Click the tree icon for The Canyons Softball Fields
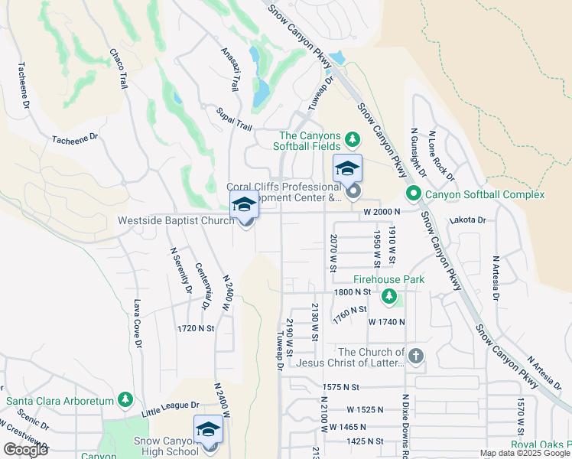pos(352,138)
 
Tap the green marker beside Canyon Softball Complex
pos(414,194)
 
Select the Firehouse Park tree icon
pos(390,296)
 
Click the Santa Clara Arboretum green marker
pos(125,400)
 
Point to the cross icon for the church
pos(415,356)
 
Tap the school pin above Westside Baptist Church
pos(244,205)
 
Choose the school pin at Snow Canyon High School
pos(208,430)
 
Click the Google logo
pos(25,450)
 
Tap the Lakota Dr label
pos(469,220)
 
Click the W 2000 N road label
pos(382,211)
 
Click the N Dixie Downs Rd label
pos(405,425)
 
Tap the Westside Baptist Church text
pos(175,220)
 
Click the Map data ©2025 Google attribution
pos(525,453)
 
